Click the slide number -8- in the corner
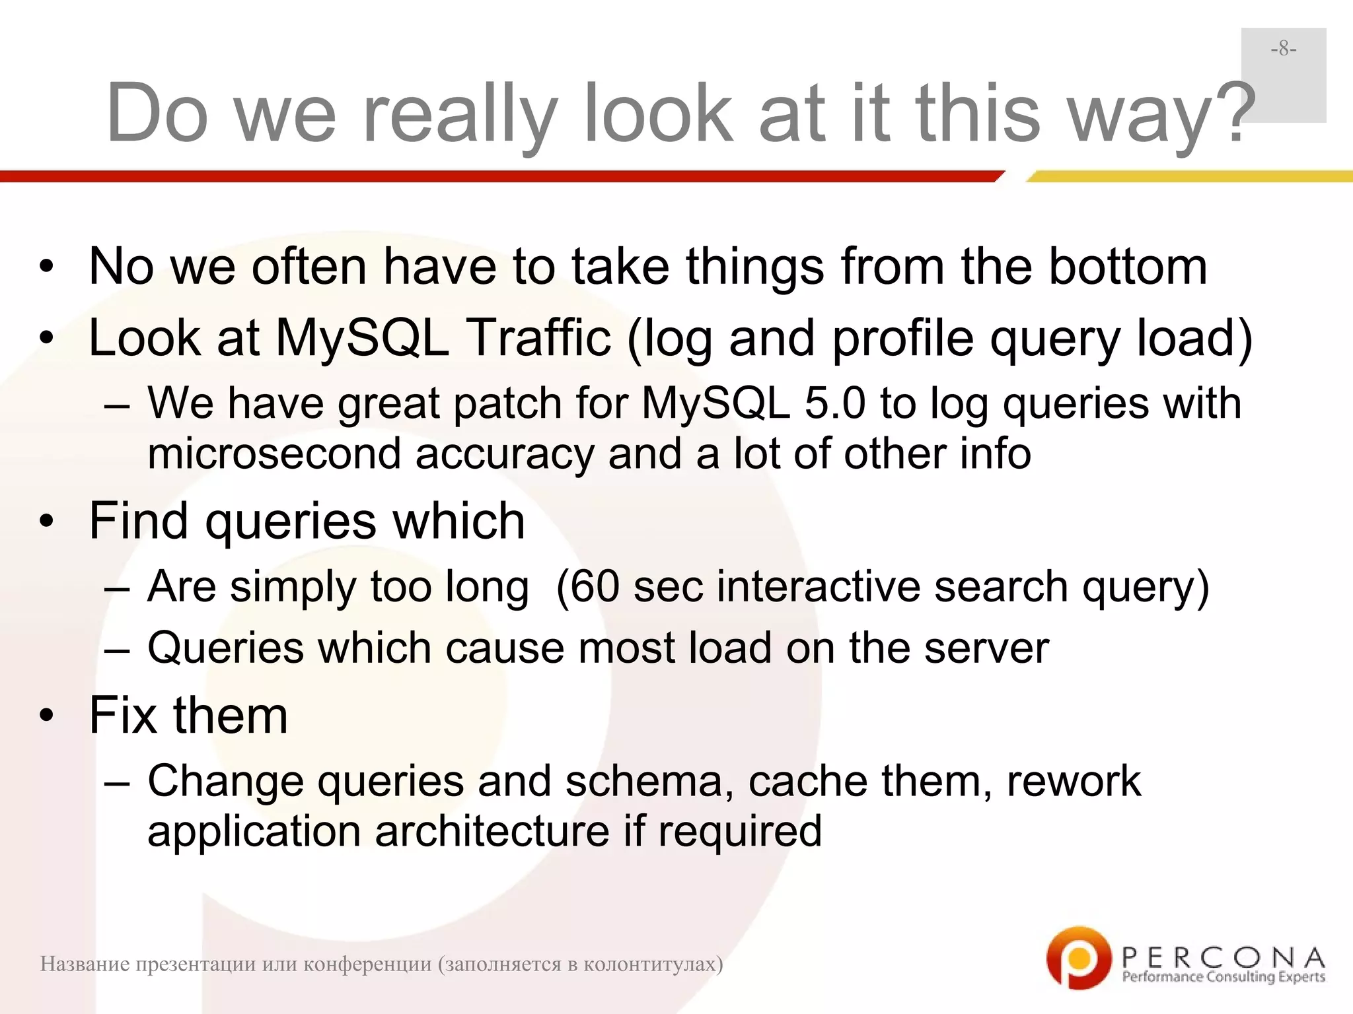pyautogui.click(x=1283, y=49)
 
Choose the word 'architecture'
pyautogui.click(x=492, y=832)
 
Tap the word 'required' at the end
pyautogui.click(x=740, y=832)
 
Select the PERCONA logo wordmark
pyautogui.click(x=1223, y=957)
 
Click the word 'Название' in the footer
pyautogui.click(x=84, y=964)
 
